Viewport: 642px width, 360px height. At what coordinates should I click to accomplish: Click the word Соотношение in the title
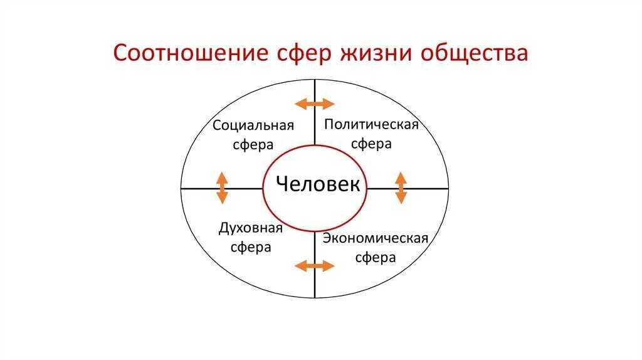click(x=191, y=53)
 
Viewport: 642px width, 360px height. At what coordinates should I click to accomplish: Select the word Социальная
click(x=253, y=125)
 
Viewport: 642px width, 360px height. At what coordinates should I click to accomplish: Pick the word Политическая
click(x=371, y=124)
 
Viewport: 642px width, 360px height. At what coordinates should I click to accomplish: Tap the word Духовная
click(x=251, y=227)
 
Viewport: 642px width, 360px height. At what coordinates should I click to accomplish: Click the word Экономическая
click(x=376, y=238)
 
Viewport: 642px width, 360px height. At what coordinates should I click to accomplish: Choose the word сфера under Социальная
click(x=253, y=145)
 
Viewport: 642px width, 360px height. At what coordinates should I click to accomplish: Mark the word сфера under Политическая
click(x=371, y=144)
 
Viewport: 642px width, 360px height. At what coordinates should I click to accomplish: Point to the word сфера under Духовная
click(x=251, y=247)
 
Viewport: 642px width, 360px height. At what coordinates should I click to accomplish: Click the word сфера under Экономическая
click(x=376, y=258)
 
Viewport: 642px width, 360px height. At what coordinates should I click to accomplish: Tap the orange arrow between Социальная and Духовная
click(x=221, y=188)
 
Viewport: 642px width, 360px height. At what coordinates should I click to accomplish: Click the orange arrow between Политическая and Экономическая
click(x=401, y=188)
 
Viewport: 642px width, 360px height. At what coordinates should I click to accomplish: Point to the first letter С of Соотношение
click(x=120, y=53)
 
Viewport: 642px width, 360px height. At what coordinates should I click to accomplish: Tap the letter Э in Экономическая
click(x=327, y=238)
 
